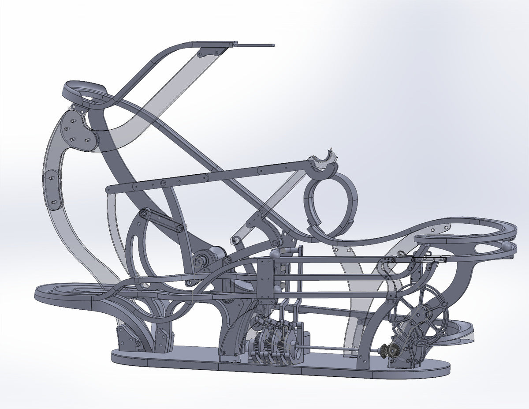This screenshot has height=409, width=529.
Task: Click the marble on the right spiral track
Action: [508, 246]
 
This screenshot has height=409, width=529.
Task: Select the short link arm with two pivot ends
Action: [161, 220]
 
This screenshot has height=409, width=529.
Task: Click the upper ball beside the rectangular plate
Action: [275, 254]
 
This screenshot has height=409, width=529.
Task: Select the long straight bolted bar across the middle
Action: [207, 178]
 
